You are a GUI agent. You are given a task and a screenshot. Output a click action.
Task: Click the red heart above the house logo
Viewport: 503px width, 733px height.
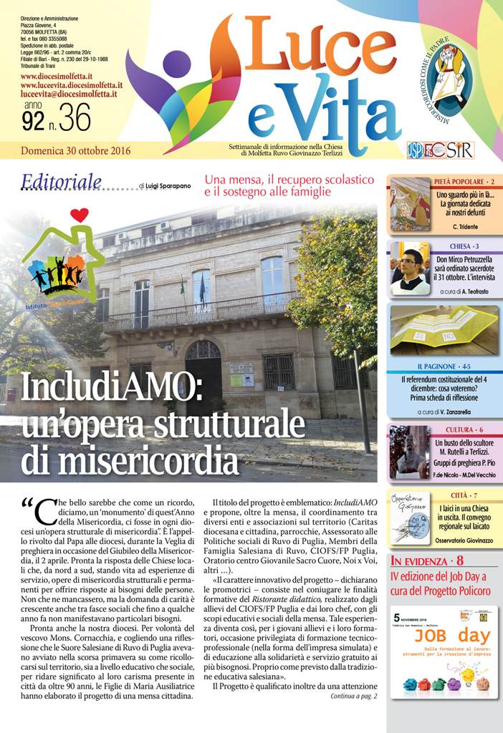(80, 214)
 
